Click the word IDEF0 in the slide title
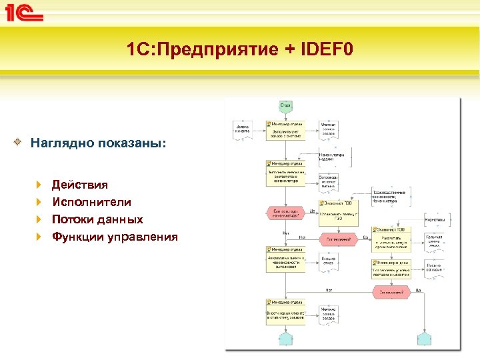click(x=324, y=49)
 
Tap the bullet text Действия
click(x=79, y=185)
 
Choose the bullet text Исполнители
click(x=91, y=202)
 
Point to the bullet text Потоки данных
click(x=97, y=219)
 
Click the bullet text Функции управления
click(x=114, y=237)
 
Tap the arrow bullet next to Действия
click(x=39, y=185)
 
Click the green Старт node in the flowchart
click(x=285, y=105)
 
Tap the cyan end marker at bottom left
click(x=285, y=337)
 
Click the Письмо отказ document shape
click(x=328, y=261)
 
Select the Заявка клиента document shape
click(x=241, y=129)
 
